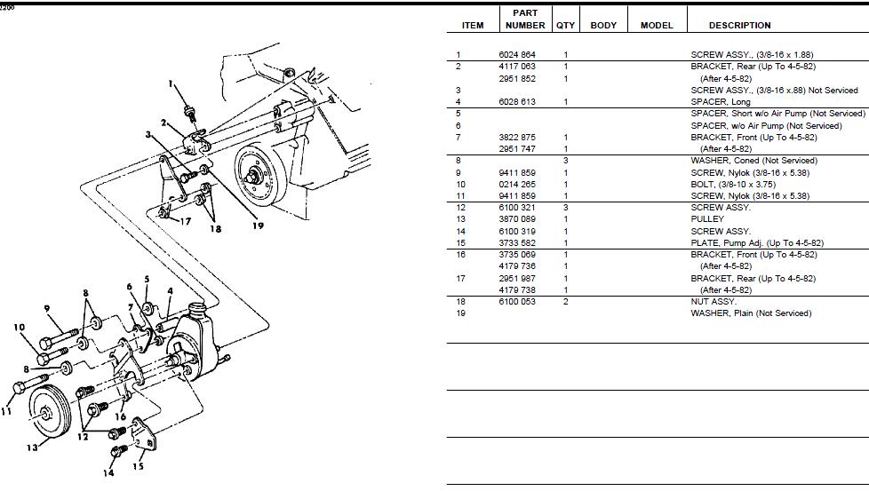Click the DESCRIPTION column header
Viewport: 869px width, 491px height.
click(x=739, y=26)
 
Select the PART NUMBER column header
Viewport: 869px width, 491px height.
click(x=525, y=19)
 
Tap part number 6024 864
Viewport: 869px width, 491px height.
click(x=517, y=55)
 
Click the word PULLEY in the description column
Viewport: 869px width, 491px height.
click(x=707, y=219)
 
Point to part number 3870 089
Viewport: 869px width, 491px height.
click(x=517, y=219)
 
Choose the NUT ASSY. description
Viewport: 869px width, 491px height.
click(x=714, y=302)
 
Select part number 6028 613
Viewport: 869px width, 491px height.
click(x=517, y=102)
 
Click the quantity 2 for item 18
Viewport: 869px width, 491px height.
click(x=565, y=302)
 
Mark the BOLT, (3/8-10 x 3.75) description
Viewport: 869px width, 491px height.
click(x=733, y=185)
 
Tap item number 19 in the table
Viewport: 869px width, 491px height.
click(x=460, y=313)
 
